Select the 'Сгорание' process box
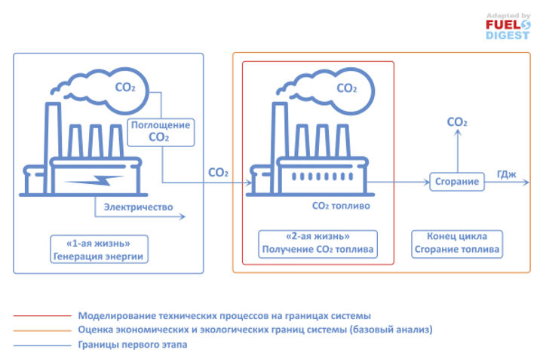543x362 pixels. point(457,182)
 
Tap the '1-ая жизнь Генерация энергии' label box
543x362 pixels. point(97,249)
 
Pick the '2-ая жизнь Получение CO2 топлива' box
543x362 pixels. point(317,243)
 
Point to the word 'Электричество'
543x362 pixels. point(138,207)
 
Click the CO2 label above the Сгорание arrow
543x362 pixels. point(456,122)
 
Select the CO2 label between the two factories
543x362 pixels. point(218,173)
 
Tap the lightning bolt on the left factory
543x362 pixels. point(94,181)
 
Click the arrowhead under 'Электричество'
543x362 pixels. point(181,217)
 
